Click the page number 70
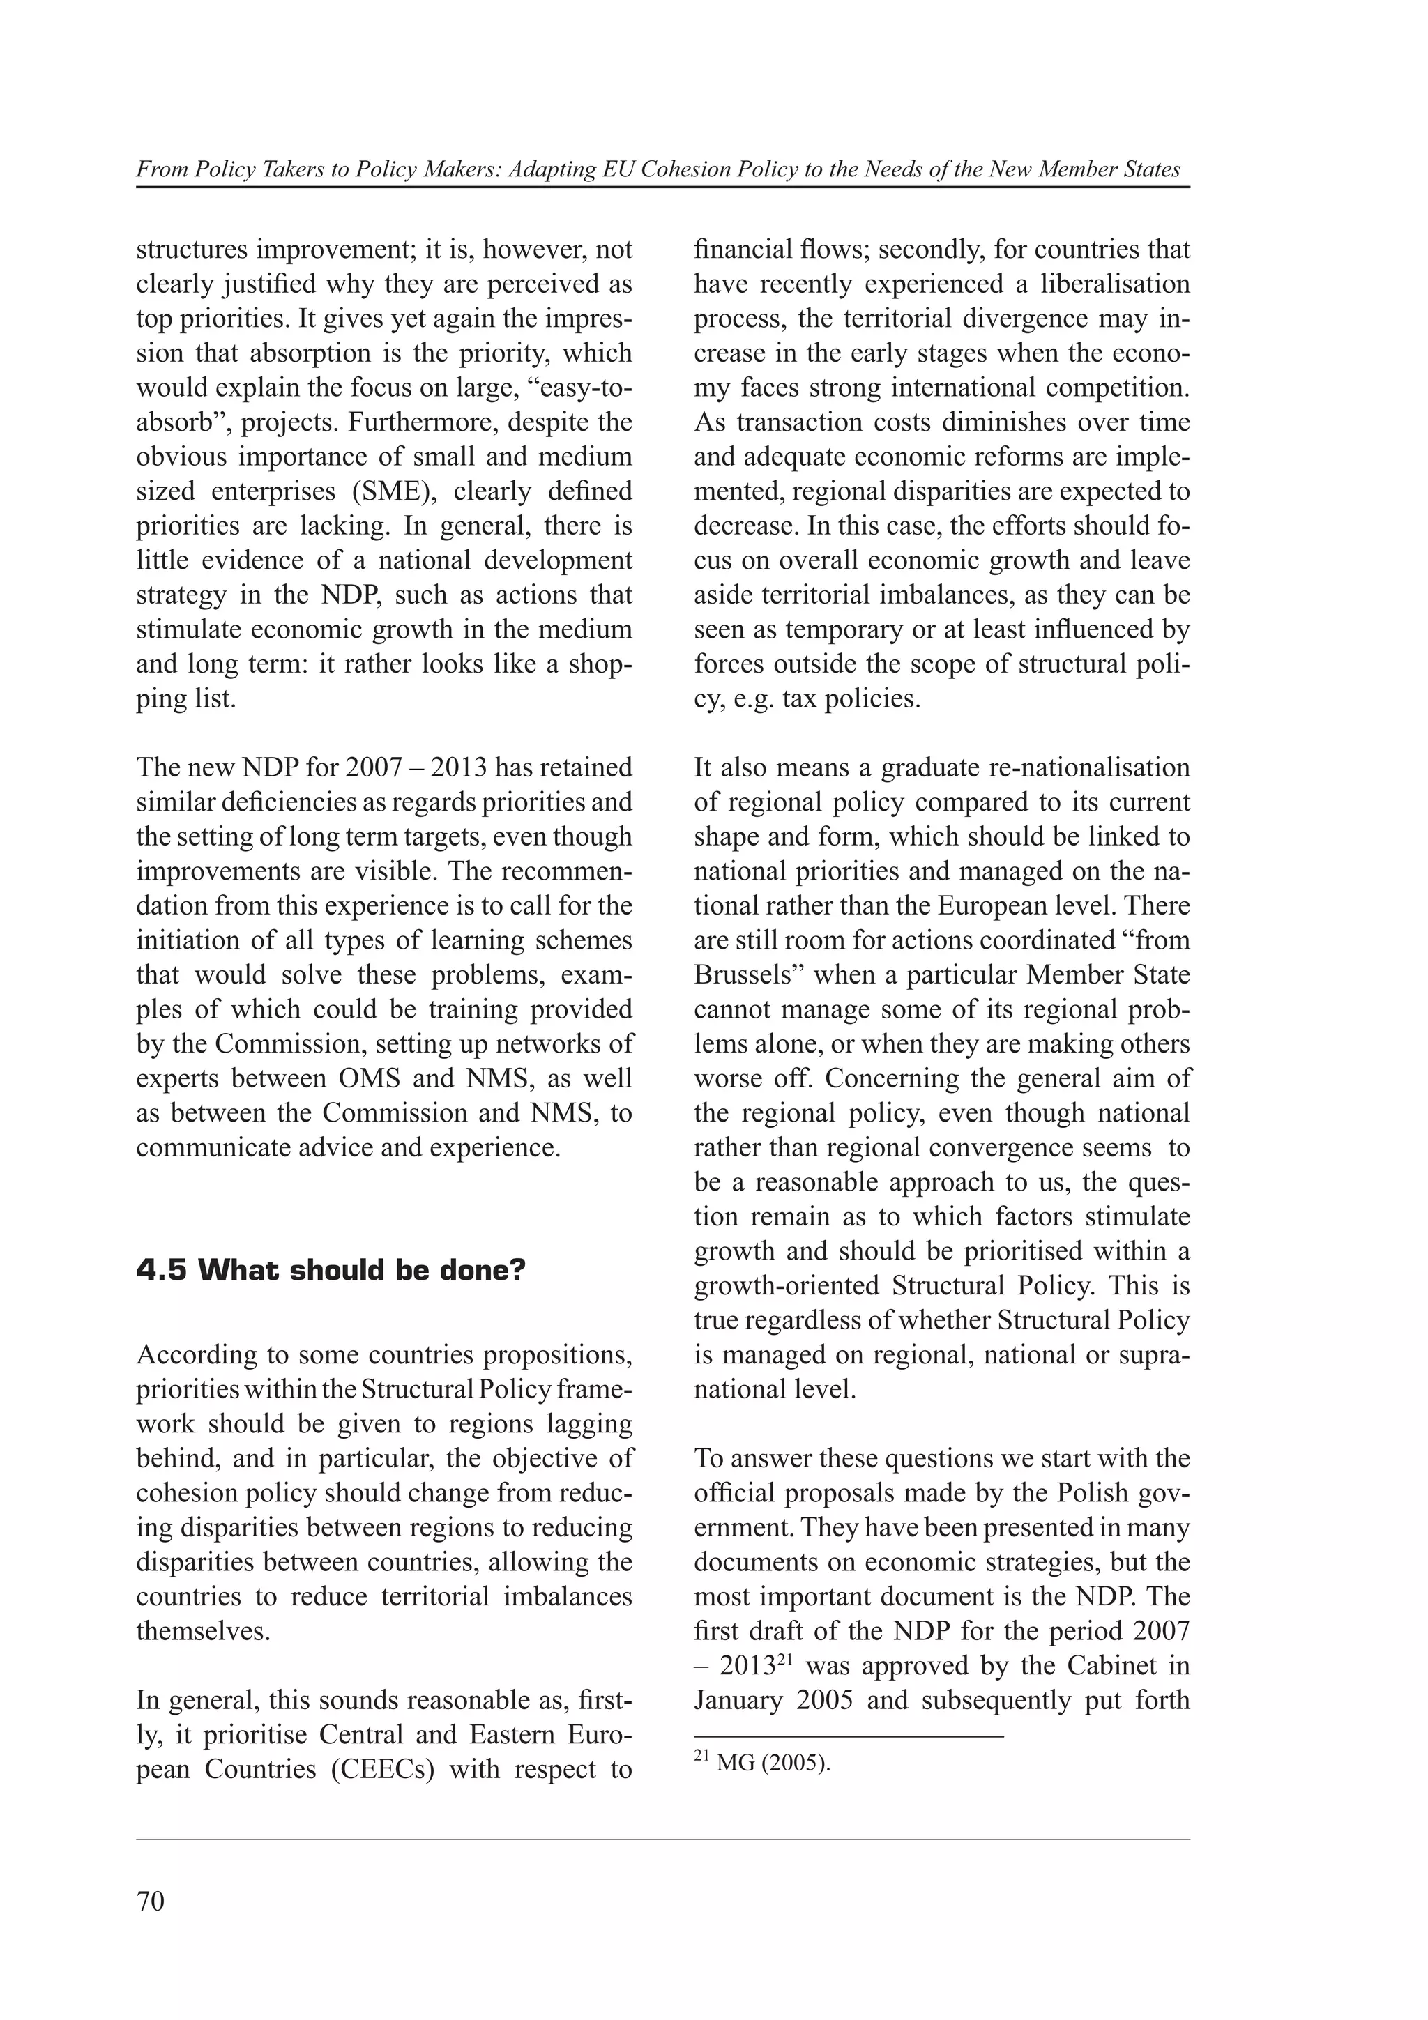(x=151, y=1902)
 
